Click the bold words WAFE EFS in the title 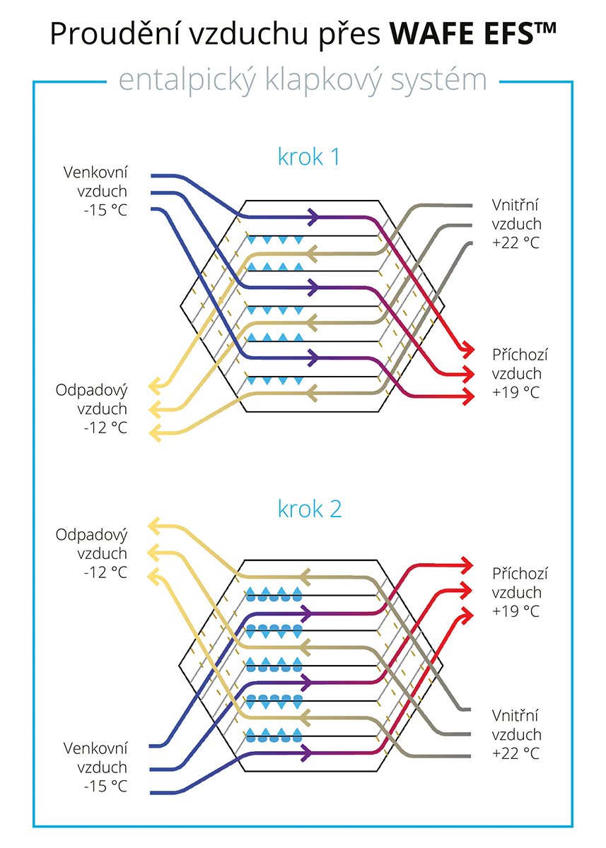[473, 34]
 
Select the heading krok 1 [309, 156]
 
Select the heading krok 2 [310, 509]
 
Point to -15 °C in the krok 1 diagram [105, 210]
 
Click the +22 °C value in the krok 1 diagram [515, 242]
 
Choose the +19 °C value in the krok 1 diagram [515, 392]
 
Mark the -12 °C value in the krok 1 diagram [105, 428]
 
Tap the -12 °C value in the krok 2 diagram [105, 572]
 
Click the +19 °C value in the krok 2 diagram [515, 611]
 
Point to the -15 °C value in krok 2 [105, 787]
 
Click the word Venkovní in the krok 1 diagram [95, 172]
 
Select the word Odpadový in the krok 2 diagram [91, 536]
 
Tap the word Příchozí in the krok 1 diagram [520, 355]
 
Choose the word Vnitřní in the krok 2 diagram [515, 715]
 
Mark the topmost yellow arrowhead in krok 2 [153, 526]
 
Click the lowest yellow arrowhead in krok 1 [156, 432]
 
